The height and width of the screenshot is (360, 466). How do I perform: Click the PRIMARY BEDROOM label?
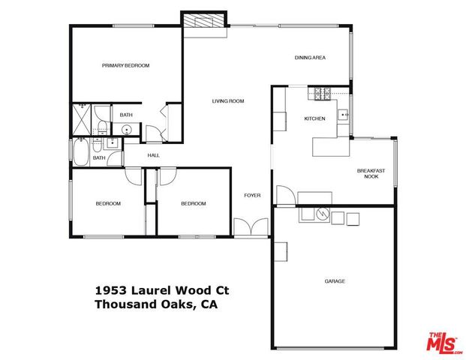pyautogui.click(x=125, y=66)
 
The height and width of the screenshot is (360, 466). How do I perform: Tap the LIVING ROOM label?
pyautogui.click(x=228, y=101)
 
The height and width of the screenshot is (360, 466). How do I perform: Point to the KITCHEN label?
pyautogui.click(x=314, y=119)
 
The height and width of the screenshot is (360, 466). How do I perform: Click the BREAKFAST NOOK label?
pyautogui.click(x=371, y=174)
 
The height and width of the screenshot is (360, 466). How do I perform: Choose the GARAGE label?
pyautogui.click(x=335, y=281)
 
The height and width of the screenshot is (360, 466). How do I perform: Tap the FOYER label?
pyautogui.click(x=252, y=196)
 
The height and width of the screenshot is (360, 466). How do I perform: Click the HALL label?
pyautogui.click(x=153, y=155)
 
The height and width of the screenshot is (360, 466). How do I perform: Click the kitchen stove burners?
pyautogui.click(x=322, y=94)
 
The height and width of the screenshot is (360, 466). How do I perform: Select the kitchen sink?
pyautogui.click(x=343, y=115)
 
